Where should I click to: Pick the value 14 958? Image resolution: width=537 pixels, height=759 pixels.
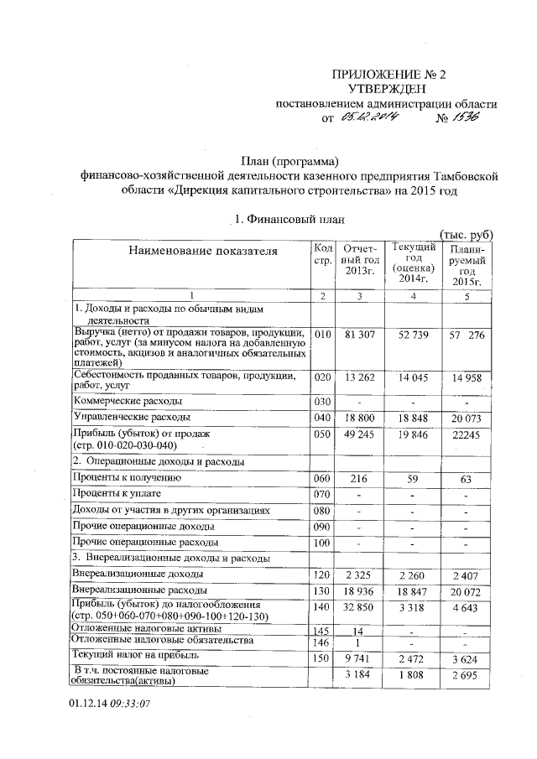coord(465,378)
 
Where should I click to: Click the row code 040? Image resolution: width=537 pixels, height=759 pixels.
coord(323,417)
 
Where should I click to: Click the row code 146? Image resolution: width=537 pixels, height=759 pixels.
coord(323,641)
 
